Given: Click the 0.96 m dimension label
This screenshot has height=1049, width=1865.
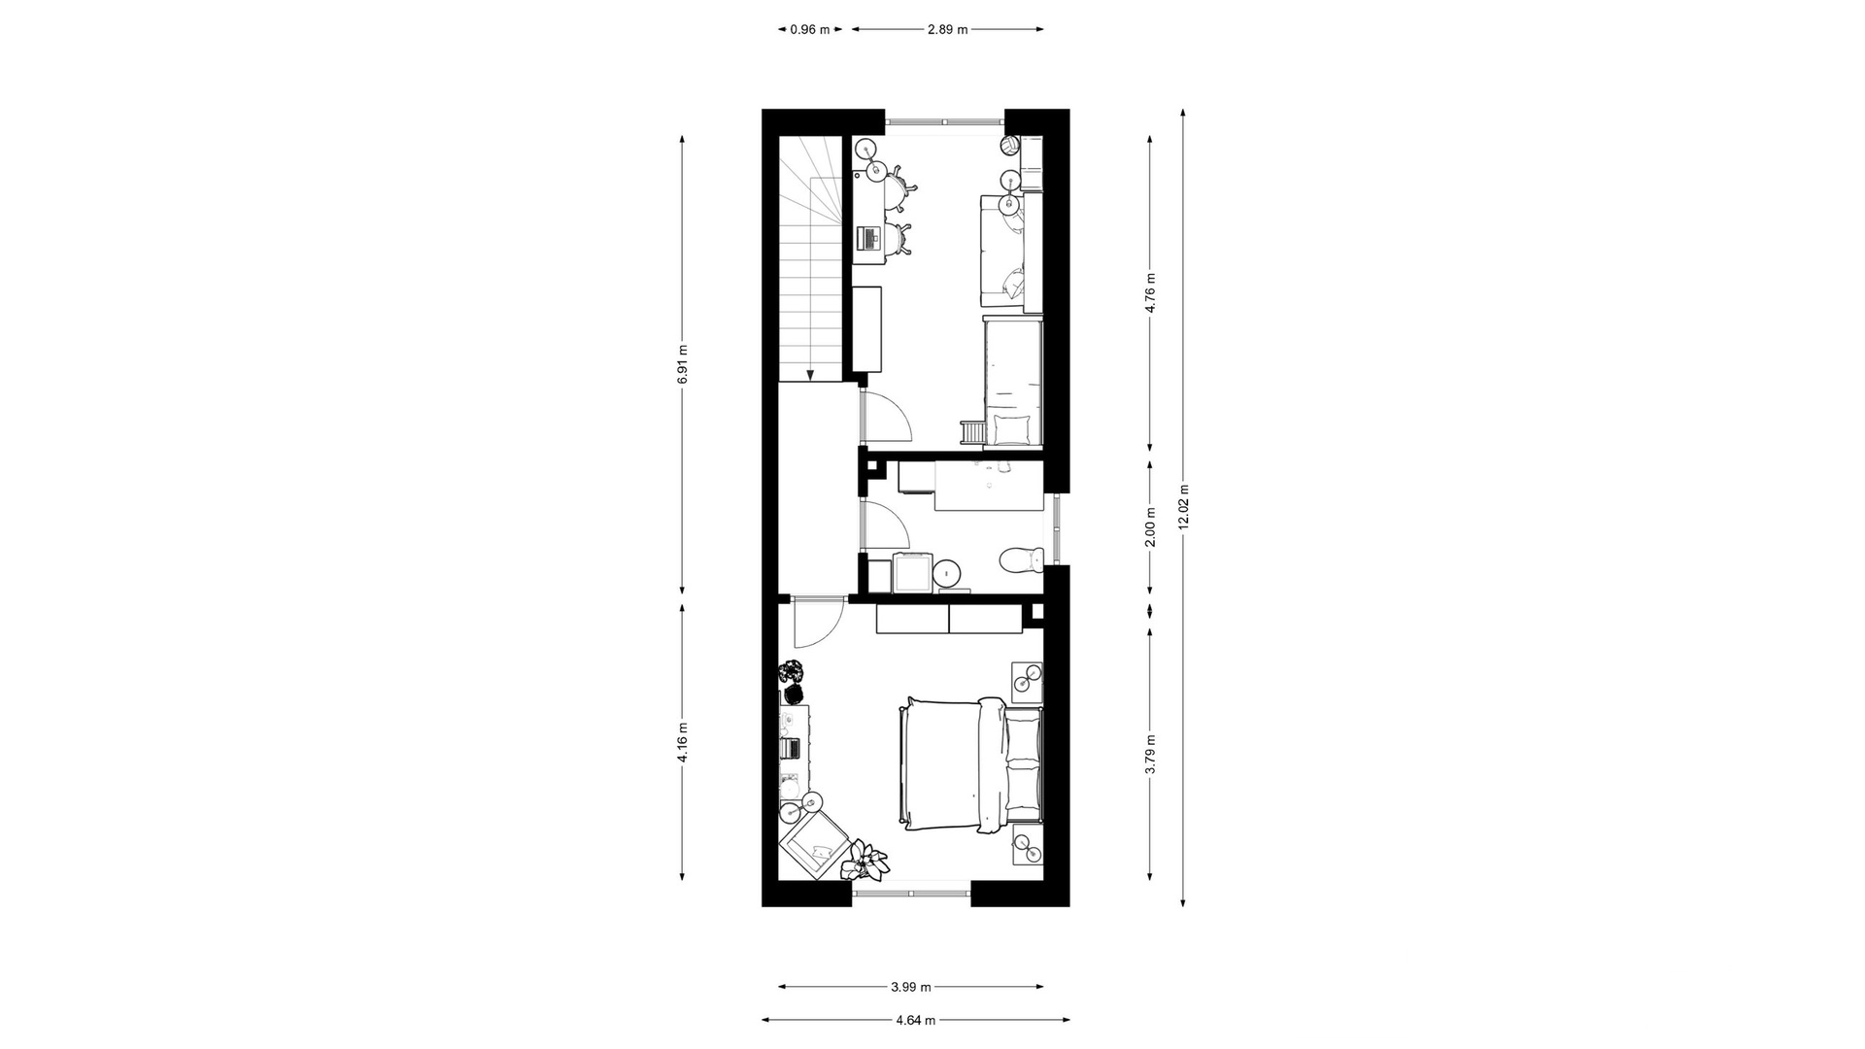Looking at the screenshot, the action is [810, 29].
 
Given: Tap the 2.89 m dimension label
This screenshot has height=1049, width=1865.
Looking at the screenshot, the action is [947, 29].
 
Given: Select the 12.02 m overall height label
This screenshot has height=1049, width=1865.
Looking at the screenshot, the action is [1182, 507].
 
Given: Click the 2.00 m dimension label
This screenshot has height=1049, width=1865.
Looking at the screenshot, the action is [1150, 526].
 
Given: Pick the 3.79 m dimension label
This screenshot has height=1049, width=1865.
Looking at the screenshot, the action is [1150, 754].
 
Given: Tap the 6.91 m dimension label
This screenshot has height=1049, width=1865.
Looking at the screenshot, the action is [682, 364].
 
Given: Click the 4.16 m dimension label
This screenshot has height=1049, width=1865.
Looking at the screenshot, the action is [682, 742].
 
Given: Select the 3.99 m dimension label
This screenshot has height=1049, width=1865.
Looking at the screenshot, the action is [911, 987].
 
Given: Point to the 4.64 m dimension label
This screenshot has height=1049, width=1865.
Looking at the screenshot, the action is [915, 1020].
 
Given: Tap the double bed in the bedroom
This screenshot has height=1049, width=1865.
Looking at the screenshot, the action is [971, 763].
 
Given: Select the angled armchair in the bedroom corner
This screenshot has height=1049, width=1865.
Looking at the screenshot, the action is [814, 845].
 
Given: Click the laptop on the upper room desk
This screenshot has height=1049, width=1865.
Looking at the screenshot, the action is [187, 236].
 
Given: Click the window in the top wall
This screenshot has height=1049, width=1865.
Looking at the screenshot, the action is [944, 121].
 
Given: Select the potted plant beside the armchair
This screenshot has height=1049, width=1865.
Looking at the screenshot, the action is [865, 861].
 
